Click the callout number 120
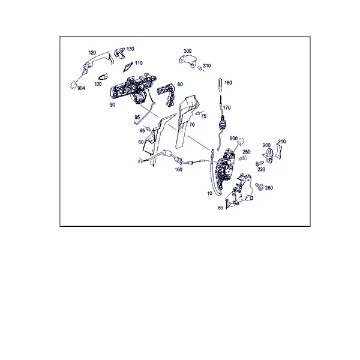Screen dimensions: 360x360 pos(92,53)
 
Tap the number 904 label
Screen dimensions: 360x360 pos(81,88)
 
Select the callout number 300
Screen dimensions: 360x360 pos(187,51)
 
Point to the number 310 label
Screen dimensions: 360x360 pos(206,65)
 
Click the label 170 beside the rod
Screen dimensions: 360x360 pos(227,107)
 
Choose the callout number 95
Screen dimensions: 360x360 pos(137,118)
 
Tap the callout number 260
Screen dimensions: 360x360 pos(269,188)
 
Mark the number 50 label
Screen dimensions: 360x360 pos(220,208)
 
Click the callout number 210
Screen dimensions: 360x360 pos(282,142)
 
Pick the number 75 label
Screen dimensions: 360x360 pos(203,116)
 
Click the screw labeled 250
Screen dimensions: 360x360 pos(242,158)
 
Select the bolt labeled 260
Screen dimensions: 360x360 pos(259,187)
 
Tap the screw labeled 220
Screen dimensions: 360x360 pos(259,163)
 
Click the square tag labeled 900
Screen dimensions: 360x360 pos(241,141)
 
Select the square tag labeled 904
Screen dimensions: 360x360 pos(73,85)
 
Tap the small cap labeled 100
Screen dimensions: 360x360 pos(103,77)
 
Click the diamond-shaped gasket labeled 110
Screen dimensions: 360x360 pos(128,67)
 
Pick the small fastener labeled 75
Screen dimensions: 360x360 pos(197,113)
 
